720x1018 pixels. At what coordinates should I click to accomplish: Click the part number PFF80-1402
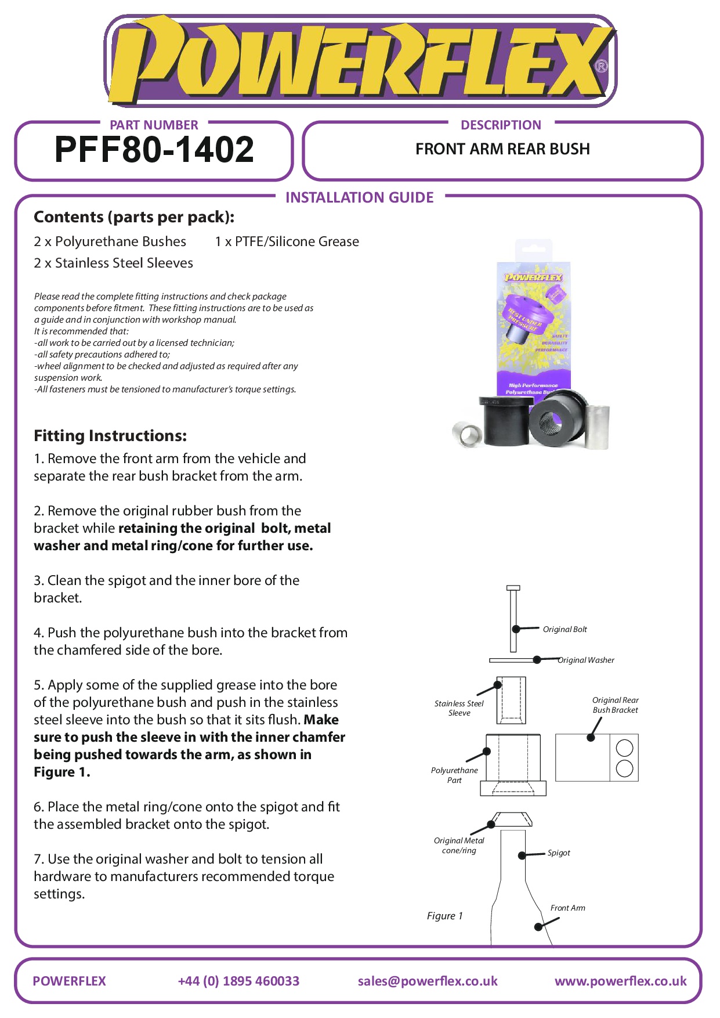click(x=154, y=150)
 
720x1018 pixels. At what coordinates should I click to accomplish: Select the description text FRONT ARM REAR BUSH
click(x=502, y=149)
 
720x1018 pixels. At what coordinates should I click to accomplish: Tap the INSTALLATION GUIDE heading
click(x=359, y=198)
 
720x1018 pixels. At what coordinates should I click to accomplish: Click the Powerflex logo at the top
click(x=360, y=61)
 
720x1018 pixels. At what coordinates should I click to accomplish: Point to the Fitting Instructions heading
click(x=110, y=436)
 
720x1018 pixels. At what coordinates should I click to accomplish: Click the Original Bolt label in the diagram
click(x=565, y=630)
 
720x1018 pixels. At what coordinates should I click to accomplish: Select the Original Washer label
click(x=586, y=660)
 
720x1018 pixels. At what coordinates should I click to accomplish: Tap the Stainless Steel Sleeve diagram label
click(x=459, y=708)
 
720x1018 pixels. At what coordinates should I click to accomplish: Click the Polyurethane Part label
click(x=454, y=775)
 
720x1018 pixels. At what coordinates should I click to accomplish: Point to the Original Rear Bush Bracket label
click(x=615, y=705)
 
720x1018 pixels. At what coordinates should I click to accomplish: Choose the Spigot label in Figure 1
click(x=559, y=853)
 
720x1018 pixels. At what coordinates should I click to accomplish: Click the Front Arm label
click(x=567, y=908)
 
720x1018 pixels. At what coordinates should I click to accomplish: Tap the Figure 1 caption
click(x=444, y=916)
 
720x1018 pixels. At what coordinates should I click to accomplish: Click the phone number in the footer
click(x=238, y=981)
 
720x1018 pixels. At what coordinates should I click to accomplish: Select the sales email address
click(x=428, y=981)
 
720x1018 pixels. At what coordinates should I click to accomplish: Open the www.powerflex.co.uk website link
click(x=620, y=981)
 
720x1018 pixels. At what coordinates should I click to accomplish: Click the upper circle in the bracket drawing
click(x=624, y=748)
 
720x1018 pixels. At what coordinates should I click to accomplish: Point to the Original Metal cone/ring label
click(x=459, y=846)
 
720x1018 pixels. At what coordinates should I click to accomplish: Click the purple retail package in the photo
click(x=534, y=325)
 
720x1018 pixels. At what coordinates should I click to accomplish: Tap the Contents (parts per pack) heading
click(x=134, y=217)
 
